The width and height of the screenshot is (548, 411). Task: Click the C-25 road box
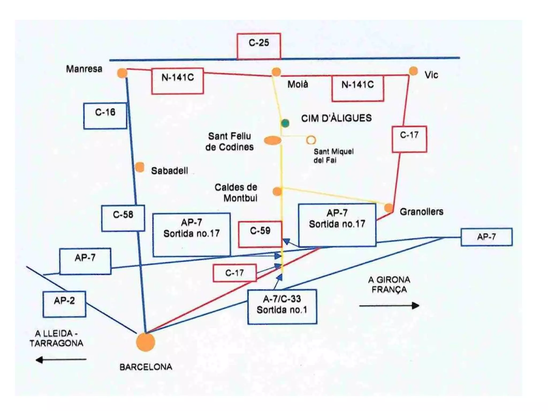[x=259, y=46]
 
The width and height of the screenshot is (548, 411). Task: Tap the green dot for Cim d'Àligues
[x=285, y=123]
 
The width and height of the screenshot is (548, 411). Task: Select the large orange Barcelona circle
[x=146, y=342]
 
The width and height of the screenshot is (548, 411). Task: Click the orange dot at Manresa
[x=122, y=73]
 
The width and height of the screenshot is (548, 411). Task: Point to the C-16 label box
[x=105, y=116]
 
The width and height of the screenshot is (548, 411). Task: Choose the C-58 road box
[x=123, y=218]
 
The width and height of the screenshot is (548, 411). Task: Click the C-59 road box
[x=260, y=234]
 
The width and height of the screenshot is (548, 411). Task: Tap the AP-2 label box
[x=64, y=304]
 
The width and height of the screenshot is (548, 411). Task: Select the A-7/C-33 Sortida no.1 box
[x=282, y=307]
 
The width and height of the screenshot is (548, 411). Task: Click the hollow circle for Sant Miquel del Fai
[x=311, y=140]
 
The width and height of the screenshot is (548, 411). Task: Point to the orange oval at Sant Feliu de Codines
[x=273, y=140]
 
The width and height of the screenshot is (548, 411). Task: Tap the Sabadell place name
[x=169, y=171]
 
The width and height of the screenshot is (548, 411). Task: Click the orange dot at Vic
[x=413, y=71]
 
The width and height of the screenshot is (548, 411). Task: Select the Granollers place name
[x=421, y=212]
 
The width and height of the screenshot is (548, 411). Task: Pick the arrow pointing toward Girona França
[x=389, y=306]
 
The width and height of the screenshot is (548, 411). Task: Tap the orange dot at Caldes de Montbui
[x=277, y=191]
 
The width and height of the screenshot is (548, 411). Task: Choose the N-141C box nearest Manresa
[x=177, y=81]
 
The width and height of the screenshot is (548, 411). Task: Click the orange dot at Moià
[x=276, y=72]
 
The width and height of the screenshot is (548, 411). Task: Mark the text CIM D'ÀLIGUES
[x=336, y=118]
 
